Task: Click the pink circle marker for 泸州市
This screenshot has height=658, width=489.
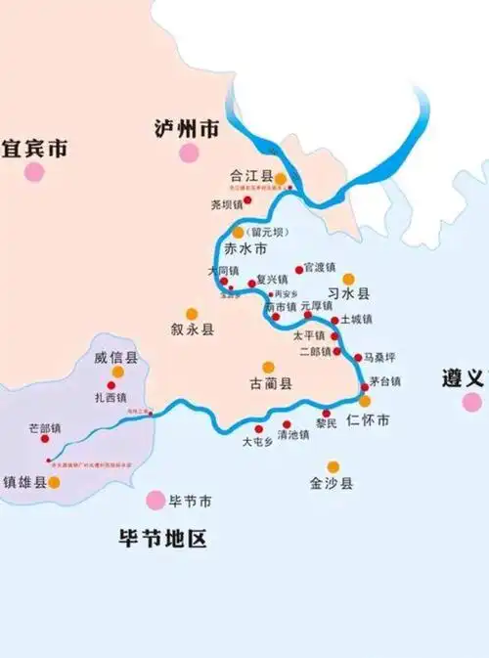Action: (188, 153)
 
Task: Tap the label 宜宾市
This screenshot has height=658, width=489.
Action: (34, 150)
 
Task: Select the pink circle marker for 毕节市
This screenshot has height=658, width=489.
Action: (156, 501)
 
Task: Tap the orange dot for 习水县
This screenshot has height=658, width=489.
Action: (348, 279)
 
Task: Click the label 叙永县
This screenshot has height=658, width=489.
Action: (192, 330)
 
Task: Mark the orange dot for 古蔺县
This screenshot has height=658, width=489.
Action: (268, 368)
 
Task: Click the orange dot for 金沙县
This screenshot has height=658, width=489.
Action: (333, 466)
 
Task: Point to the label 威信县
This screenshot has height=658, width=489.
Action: (117, 359)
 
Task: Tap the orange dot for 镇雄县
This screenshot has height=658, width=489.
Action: (55, 482)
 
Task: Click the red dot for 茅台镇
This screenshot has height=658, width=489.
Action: (365, 388)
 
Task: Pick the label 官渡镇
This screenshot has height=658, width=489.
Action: (320, 267)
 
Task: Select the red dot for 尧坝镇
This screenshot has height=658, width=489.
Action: (247, 200)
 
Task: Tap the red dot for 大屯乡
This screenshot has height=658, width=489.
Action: (259, 429)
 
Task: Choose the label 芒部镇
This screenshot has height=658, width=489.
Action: (45, 428)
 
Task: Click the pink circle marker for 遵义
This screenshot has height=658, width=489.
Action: (472, 402)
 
